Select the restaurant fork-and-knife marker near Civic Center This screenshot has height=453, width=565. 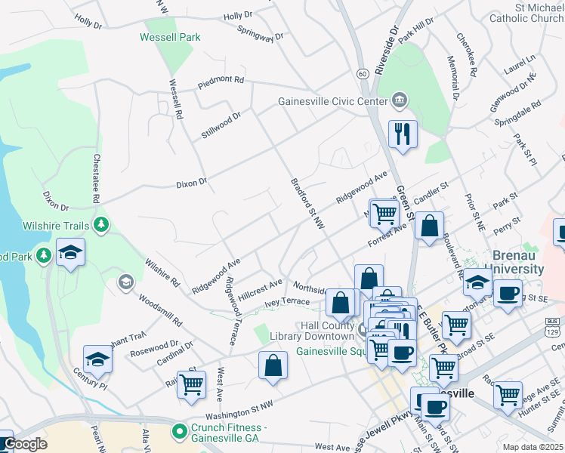coord(402,134)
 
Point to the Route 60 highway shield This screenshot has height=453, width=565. coord(363,73)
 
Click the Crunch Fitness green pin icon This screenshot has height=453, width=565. coord(179,432)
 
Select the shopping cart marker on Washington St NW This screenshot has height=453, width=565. coord(191,384)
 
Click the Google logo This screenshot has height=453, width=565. coord(24,445)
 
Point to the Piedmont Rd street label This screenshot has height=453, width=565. coord(221,79)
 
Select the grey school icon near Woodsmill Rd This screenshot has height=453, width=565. coord(125,283)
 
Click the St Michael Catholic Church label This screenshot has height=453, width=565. coord(526,12)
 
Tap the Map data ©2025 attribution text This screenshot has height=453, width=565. coord(533,447)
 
